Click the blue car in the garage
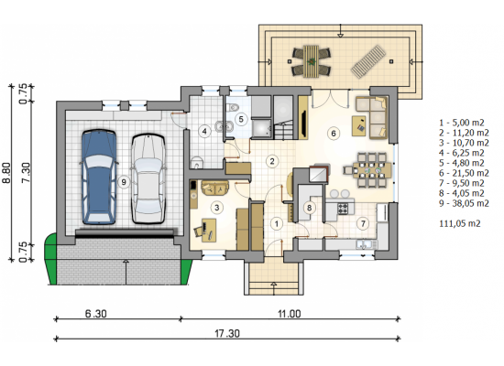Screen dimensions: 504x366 tap(99, 177)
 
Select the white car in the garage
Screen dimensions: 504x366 tap(148, 178)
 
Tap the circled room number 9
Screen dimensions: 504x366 tap(123, 182)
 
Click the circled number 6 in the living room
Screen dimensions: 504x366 tap(334, 133)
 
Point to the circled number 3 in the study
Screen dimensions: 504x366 tap(216, 208)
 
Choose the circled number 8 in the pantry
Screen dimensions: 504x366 tap(309, 208)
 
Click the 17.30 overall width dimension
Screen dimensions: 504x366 tap(227, 333)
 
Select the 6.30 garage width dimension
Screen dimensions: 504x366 tap(96, 313)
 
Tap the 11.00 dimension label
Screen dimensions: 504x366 tap(290, 313)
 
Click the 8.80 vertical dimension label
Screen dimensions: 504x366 tap(6, 172)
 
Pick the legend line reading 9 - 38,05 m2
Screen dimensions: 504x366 tap(464, 203)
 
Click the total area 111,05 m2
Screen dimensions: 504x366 tap(460, 223)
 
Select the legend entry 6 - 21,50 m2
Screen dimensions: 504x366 tap(464, 173)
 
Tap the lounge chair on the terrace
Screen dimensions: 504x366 tap(368, 61)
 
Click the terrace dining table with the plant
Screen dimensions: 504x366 tap(312, 61)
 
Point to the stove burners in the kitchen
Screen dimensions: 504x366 tap(343, 209)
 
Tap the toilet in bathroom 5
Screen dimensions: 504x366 tap(234, 107)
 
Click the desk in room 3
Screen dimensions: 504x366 tap(209, 230)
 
